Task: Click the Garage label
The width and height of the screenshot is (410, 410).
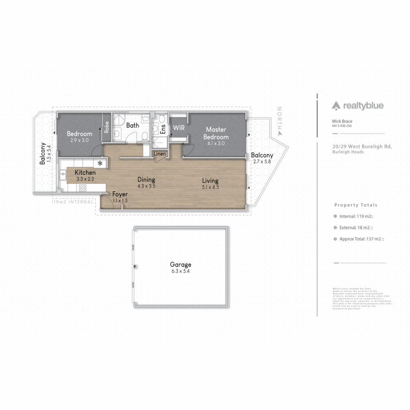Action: (x=180, y=265)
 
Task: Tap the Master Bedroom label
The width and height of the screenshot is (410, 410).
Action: (x=216, y=133)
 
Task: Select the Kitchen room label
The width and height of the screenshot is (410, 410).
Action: (x=85, y=173)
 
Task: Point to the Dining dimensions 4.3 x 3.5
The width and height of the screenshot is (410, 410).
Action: (x=146, y=186)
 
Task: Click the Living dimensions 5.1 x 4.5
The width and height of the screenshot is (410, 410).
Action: (x=210, y=187)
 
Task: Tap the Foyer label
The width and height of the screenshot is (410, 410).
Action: (x=120, y=194)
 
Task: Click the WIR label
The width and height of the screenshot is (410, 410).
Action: (x=178, y=128)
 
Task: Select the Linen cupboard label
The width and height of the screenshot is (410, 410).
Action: (x=160, y=154)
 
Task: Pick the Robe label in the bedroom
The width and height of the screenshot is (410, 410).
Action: (x=107, y=126)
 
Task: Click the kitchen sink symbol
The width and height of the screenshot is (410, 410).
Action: (x=63, y=175)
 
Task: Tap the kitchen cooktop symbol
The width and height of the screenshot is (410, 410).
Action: (x=82, y=187)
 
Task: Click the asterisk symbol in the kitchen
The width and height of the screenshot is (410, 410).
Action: (x=100, y=164)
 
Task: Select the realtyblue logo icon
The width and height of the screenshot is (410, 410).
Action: (x=336, y=106)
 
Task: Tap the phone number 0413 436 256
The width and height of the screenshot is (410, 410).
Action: (x=342, y=126)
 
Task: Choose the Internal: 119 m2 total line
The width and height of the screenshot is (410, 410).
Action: (x=352, y=216)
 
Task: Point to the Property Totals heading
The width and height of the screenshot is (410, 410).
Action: (x=356, y=205)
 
